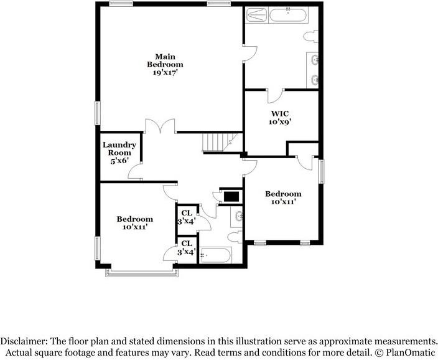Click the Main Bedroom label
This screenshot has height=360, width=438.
coord(165,60)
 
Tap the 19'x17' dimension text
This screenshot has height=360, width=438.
coord(165,73)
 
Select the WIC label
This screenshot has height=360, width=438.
coord(280,114)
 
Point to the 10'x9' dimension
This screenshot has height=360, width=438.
coord(280,122)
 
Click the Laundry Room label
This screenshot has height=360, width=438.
coord(119,149)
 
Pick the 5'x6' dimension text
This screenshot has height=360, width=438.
coord(119,161)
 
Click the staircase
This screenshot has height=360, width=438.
coord(220,143)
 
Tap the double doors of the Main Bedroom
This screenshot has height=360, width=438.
coord(160,125)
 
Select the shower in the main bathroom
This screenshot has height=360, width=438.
coord(257,15)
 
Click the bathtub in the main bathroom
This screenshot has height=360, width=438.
coord(288,15)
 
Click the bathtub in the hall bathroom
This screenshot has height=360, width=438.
coord(216,255)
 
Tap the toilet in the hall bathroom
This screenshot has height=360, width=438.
coord(235,237)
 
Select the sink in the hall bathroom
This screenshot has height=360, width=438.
coord(237,216)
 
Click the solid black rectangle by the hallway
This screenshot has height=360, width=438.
coord(231,197)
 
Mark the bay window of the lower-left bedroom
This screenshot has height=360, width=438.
coord(142,273)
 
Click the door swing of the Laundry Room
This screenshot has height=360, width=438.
coord(135,171)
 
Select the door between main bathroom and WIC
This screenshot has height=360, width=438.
coord(276,96)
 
